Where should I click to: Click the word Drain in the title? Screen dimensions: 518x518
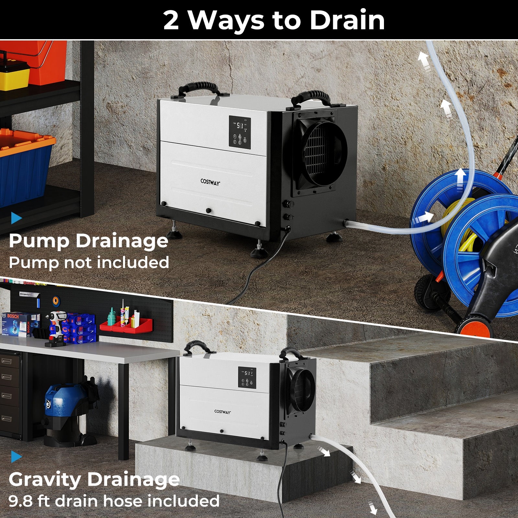tap(347, 20)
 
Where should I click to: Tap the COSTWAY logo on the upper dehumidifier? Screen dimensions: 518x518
tap(210, 182)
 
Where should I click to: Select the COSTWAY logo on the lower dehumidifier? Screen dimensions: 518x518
tap(222, 412)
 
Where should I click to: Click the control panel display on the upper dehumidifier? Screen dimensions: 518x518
tap(240, 125)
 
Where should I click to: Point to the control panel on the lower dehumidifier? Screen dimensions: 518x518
tap(247, 377)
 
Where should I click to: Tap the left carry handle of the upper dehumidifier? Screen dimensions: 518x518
tap(198, 88)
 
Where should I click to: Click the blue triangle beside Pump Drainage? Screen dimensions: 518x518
tap(16, 218)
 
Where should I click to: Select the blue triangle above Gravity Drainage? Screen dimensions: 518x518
tap(16, 457)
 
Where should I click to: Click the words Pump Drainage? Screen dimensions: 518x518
tap(88, 241)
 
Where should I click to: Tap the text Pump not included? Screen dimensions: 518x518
tap(89, 262)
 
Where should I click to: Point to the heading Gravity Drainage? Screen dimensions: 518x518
tap(94, 479)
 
